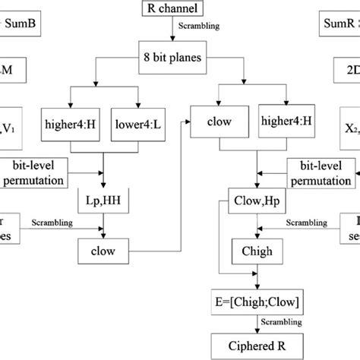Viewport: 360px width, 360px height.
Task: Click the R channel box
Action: click(x=179, y=10)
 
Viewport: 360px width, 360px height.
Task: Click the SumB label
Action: click(x=21, y=24)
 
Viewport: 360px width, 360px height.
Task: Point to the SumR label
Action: click(x=338, y=24)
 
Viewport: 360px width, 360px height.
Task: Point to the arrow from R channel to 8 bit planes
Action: click(x=179, y=33)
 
